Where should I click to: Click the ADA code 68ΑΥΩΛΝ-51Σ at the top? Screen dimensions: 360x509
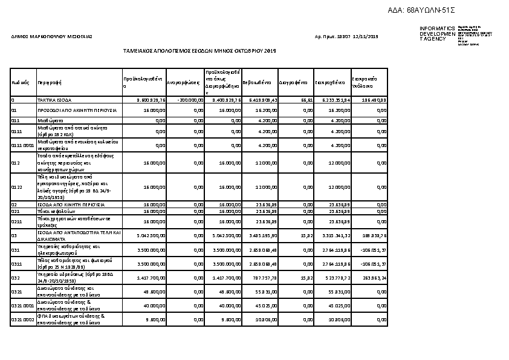(430, 11)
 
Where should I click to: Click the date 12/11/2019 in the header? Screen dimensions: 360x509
(365, 38)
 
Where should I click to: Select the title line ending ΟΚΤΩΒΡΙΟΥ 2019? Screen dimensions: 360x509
(199, 51)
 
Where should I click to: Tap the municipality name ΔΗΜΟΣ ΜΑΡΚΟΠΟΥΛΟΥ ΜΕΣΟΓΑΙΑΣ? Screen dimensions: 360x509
(52, 38)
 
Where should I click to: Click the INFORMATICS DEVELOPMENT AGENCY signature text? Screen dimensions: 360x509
(437, 33)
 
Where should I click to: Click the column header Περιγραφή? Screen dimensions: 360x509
(49, 82)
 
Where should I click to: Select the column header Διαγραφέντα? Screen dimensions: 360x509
(294, 82)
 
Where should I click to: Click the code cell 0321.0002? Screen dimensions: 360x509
(23, 320)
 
